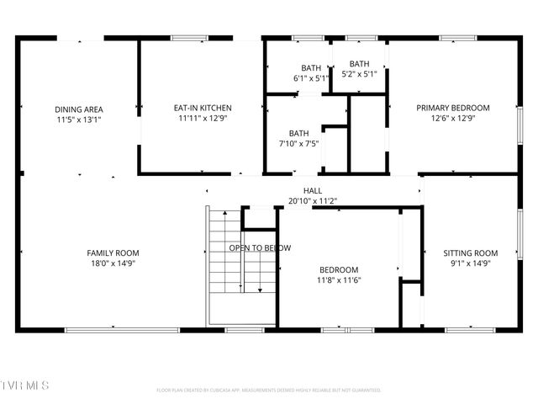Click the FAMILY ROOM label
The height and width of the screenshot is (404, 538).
pos(113,252)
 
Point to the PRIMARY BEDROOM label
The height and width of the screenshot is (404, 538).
pos(454,108)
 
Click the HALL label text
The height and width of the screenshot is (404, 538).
pos(312,191)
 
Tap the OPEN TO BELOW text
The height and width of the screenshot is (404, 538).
pos(260,247)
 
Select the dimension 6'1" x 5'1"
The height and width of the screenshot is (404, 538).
pos(311,78)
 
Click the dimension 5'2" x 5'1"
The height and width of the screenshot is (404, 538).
pos(359,74)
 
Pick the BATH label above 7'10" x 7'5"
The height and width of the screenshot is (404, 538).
pos(298,133)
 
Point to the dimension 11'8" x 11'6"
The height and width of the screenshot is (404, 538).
pos(339,280)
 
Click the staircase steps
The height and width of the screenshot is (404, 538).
pos(224,261)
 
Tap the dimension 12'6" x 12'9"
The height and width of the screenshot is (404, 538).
pos(454,119)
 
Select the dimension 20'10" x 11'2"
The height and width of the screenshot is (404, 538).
pos(312,201)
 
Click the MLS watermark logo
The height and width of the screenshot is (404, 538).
pos(25,385)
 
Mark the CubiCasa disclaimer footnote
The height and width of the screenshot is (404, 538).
pos(268,391)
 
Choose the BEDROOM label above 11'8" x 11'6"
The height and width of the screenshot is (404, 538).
pos(339,269)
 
